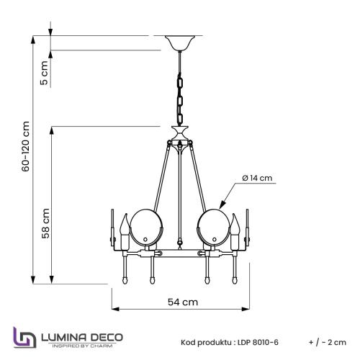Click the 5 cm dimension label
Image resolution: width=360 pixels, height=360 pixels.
44,73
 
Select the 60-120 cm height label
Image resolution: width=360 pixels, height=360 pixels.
26,146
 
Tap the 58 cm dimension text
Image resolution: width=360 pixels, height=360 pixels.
45,223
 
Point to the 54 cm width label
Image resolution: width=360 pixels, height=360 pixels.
183,302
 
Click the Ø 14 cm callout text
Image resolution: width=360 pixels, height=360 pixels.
257,178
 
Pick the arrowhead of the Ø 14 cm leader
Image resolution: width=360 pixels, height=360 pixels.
222,205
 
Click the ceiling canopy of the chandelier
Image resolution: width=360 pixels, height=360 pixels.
180,43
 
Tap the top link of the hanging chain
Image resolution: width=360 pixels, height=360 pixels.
180,81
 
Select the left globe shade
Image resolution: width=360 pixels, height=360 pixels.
146,228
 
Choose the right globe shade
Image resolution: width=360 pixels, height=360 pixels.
213,228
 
